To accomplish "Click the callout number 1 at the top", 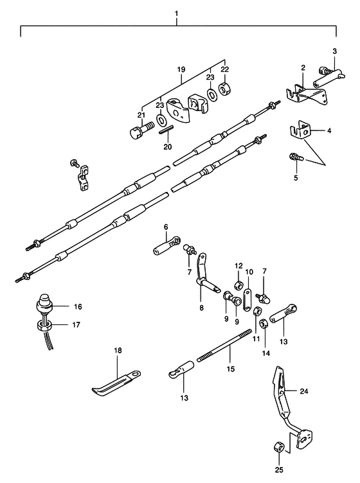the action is pos(176,13).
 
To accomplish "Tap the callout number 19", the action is pos(181,69).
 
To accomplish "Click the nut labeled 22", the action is pos(225,89).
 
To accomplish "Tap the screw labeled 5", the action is pos(296,158).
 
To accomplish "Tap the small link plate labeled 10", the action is pos(248,300).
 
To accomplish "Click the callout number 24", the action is pos(304,391).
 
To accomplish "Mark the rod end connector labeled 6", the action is pos(166,245).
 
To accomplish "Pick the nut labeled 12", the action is pos(239,286).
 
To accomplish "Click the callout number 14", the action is pos(266,353).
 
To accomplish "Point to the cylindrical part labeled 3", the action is pos(329,78).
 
